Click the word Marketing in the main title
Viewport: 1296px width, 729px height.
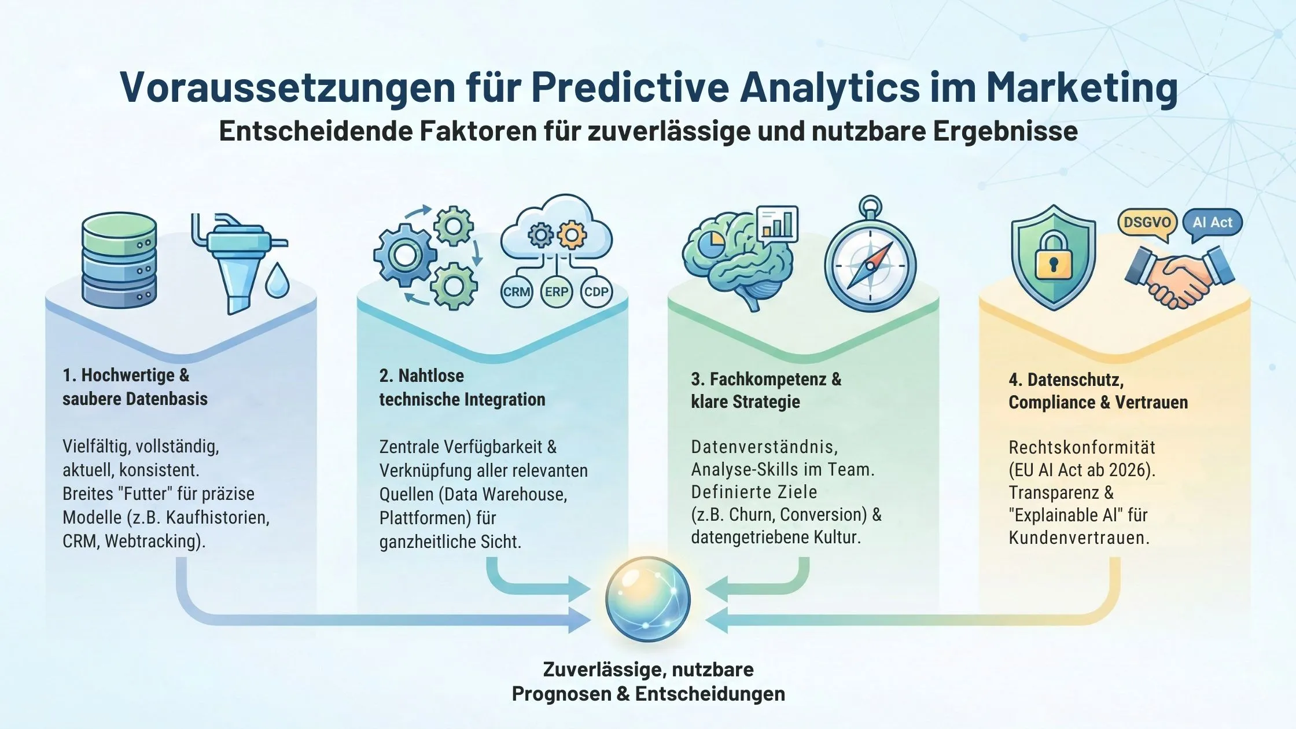1081,88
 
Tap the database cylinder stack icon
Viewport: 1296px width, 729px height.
119,260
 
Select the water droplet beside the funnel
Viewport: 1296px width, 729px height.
277,281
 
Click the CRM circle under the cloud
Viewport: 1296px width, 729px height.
516,292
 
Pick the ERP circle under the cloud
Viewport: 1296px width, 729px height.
556,292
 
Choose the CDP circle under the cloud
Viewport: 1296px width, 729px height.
596,292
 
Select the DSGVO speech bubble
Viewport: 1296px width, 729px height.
1147,223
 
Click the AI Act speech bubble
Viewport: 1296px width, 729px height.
1213,223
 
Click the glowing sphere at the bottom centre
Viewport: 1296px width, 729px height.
648,599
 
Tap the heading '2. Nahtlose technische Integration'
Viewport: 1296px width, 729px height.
462,387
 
